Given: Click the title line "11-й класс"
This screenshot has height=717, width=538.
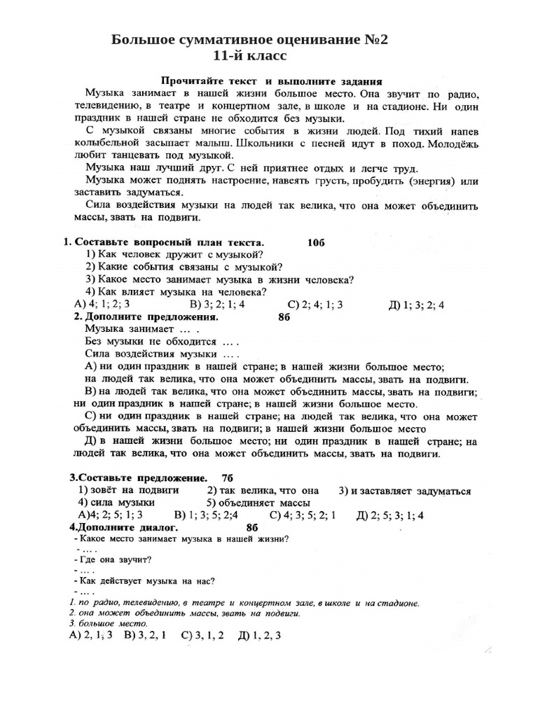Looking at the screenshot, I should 251,55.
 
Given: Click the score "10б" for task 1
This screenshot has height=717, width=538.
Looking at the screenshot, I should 317,242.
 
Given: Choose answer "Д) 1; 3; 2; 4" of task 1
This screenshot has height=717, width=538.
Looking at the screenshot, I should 416,305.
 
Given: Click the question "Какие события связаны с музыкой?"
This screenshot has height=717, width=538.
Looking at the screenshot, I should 184,267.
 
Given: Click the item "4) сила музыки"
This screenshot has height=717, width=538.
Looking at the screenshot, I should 117,503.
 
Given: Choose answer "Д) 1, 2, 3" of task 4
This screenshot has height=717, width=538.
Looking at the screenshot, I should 259,636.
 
